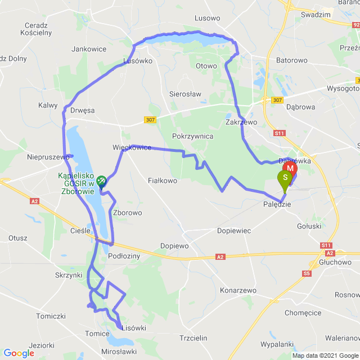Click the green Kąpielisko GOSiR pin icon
click(x=102, y=181)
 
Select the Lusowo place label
click(x=207, y=18)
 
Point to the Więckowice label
click(x=132, y=147)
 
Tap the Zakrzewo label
click(x=241, y=121)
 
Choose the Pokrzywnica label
click(x=193, y=136)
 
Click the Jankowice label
click(x=89, y=49)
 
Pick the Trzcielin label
click(x=193, y=337)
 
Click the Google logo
click(x=19, y=353)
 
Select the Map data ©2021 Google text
click(x=325, y=355)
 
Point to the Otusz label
click(x=18, y=238)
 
